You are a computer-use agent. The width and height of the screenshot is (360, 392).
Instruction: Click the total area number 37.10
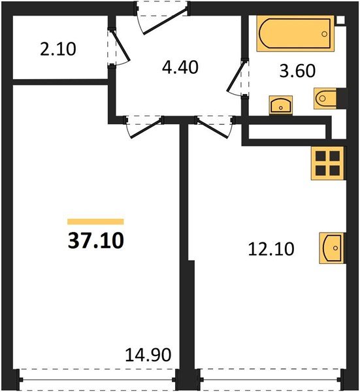(95, 241)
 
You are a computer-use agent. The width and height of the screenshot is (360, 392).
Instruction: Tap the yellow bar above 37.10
(95, 221)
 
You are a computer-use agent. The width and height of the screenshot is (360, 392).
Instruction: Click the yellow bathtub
(295, 34)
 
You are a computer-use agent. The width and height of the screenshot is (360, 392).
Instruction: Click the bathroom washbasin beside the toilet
(281, 104)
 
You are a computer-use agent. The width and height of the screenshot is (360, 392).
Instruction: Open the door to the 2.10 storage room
(118, 49)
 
